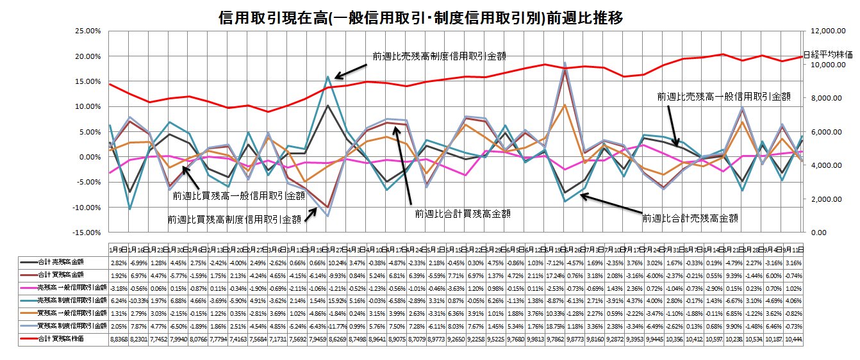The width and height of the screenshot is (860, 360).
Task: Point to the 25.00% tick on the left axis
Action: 87,31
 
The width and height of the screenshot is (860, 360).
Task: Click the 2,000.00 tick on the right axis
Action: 823,199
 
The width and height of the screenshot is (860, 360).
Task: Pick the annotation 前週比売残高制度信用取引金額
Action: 439,56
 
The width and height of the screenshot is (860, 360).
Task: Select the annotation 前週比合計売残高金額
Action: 690,218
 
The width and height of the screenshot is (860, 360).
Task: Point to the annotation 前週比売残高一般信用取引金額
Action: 724,97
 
